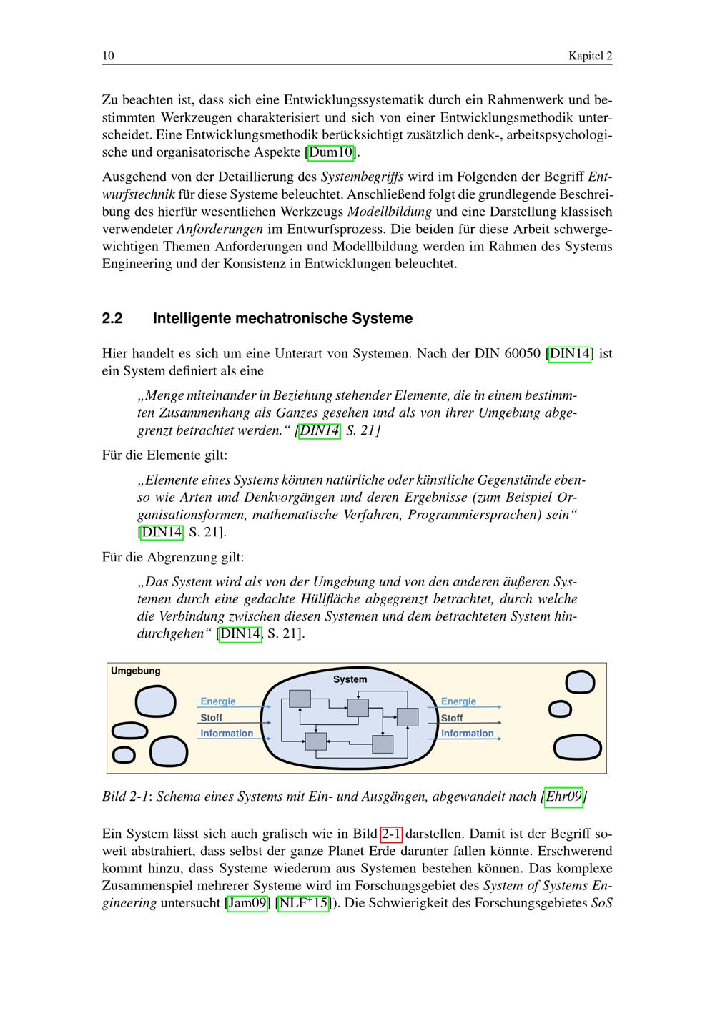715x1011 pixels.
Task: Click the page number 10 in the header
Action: point(108,56)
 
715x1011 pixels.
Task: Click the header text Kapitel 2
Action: point(590,56)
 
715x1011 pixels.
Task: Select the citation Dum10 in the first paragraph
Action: point(330,152)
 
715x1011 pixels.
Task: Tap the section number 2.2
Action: point(112,318)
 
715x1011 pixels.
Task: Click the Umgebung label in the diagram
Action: point(135,671)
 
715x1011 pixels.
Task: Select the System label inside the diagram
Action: point(350,679)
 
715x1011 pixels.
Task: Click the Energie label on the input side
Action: point(218,701)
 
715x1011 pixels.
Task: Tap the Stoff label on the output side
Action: point(452,718)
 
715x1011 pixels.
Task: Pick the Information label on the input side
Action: point(227,733)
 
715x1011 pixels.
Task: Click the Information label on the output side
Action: point(467,733)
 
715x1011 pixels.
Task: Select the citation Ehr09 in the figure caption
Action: point(563,796)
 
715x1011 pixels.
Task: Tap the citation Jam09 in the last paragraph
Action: point(247,902)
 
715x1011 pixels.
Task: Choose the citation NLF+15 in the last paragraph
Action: point(303,902)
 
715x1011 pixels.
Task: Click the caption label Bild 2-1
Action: point(127,796)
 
